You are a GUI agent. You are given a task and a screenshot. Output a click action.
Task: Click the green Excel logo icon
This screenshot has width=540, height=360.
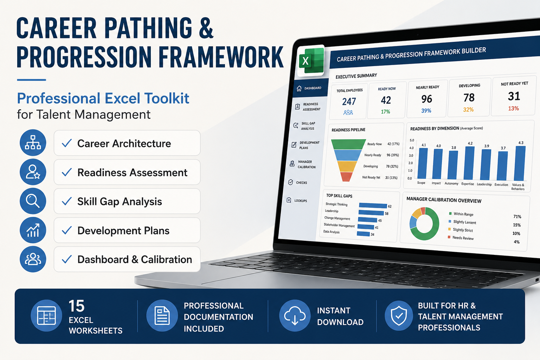click(311, 60)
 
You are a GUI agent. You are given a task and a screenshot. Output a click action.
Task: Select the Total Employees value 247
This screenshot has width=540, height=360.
click(349, 102)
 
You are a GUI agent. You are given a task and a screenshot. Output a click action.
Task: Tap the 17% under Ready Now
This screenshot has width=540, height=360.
click(385, 112)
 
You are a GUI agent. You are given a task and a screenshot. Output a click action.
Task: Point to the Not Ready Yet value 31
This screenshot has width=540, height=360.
click(514, 96)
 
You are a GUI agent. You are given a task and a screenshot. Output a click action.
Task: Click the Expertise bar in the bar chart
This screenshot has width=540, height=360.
click(469, 163)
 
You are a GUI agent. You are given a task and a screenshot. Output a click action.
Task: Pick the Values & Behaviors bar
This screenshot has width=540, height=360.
click(520, 163)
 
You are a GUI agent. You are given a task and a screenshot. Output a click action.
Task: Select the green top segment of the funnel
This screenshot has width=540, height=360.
click(348, 144)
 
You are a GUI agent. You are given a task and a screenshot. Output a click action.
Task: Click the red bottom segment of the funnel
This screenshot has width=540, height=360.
click(346, 177)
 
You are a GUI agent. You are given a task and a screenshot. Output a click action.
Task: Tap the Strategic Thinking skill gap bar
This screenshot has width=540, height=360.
click(373, 205)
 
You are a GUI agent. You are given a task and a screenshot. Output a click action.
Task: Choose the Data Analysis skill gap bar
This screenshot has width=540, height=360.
click(363, 234)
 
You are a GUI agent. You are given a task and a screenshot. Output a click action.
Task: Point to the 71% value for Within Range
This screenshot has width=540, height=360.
click(517, 217)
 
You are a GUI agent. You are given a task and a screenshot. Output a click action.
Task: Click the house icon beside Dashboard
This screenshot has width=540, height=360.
click(299, 89)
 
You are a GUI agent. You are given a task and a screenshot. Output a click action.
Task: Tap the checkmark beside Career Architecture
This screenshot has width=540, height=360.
click(66, 143)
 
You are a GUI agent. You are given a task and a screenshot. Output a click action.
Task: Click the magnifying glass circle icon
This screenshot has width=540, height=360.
click(33, 201)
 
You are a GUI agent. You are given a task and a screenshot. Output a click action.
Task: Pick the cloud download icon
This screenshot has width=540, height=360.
click(295, 315)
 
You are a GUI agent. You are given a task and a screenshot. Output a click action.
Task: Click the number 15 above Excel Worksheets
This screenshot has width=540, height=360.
click(77, 306)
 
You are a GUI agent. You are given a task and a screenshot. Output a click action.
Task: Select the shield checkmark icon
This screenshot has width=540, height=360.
click(399, 315)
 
